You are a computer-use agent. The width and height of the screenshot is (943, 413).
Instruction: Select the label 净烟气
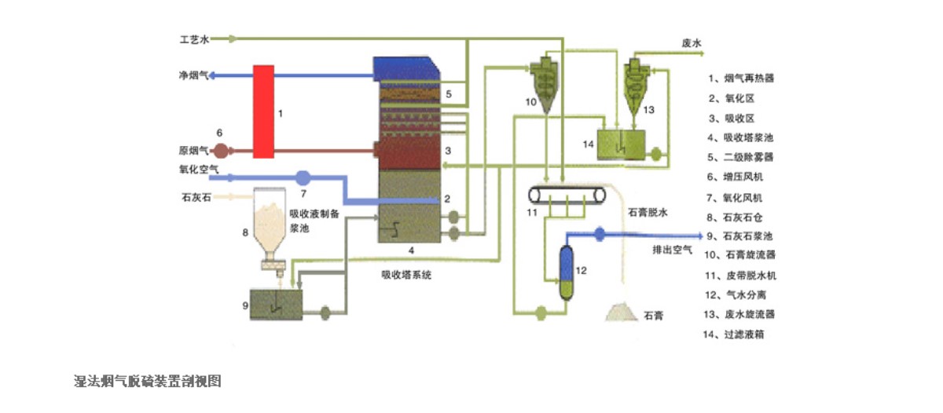(193, 76)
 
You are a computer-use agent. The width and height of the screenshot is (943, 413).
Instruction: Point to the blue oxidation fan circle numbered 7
(304, 177)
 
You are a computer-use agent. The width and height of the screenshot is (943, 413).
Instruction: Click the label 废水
(692, 46)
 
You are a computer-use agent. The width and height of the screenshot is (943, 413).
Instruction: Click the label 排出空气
(673, 250)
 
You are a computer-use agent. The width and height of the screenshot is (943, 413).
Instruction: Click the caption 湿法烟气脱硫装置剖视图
(147, 382)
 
